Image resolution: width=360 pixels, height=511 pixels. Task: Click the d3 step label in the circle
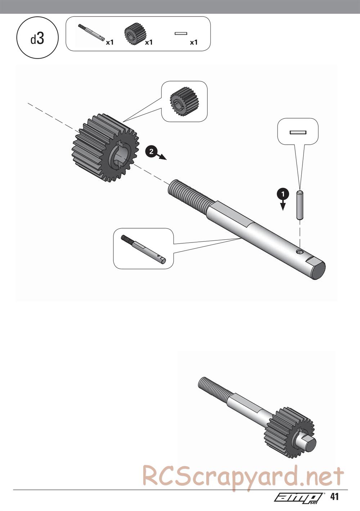37,39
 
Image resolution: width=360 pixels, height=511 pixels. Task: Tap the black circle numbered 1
283,194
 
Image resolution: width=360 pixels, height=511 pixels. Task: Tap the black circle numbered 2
151,151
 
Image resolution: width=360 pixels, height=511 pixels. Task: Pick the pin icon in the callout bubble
298,132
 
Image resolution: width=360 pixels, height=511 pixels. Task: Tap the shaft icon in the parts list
91,32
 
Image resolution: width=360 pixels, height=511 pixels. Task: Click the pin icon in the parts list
181,33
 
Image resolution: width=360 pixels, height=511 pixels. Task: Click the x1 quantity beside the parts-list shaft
110,42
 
